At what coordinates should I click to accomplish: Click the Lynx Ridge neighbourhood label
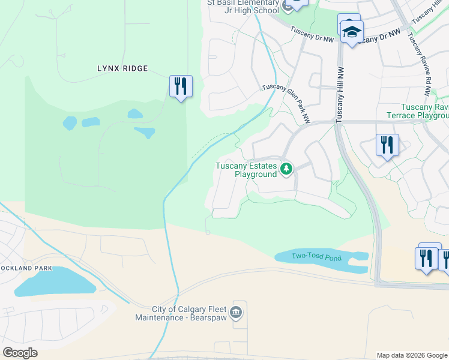(122, 68)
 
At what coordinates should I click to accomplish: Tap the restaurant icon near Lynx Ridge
(181, 86)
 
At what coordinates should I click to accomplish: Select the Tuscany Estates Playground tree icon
(287, 169)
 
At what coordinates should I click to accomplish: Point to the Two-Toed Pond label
(316, 257)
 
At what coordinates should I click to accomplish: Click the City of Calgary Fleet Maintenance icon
(236, 312)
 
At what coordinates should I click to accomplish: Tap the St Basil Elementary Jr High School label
(243, 6)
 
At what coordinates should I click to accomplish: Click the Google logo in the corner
(20, 353)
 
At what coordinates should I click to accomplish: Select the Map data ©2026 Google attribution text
(412, 355)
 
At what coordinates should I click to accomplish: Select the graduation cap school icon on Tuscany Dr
(352, 32)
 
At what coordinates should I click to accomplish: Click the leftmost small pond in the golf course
(70, 124)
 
